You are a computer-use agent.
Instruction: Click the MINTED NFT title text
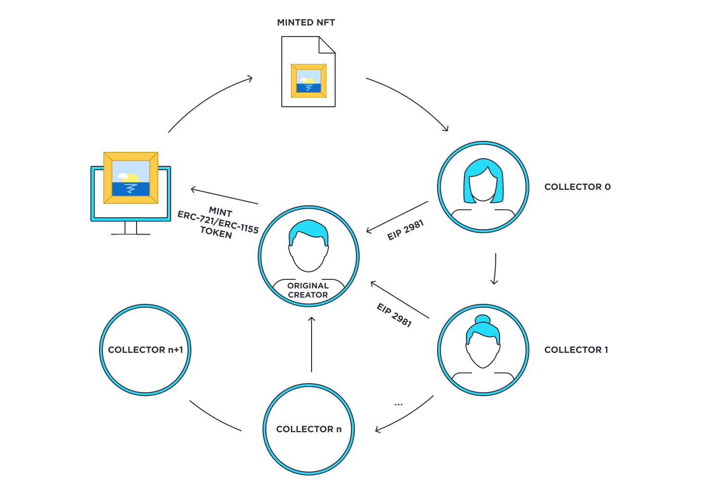[306, 23]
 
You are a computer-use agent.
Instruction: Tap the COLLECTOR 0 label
[577, 187]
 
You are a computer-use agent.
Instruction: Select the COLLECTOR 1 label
[576, 350]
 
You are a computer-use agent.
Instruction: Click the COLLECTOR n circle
[309, 429]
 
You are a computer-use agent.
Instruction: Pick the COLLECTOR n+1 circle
[145, 350]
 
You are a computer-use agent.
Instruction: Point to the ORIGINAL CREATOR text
[308, 290]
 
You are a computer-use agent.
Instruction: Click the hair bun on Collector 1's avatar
[483, 319]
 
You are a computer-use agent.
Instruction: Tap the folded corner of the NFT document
[327, 45]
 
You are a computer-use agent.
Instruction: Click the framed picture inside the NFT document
[309, 81]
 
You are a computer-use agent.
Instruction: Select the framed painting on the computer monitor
[131, 178]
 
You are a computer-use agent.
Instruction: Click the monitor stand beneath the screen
[131, 228]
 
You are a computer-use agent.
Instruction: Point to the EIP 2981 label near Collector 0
[405, 230]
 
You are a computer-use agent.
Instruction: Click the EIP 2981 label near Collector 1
[394, 315]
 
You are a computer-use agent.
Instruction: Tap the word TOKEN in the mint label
[216, 233]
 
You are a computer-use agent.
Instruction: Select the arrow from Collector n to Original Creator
[312, 344]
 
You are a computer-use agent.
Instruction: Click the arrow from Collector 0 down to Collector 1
[495, 269]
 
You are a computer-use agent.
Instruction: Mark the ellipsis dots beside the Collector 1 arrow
[398, 405]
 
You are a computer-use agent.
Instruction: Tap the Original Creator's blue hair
[309, 232]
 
